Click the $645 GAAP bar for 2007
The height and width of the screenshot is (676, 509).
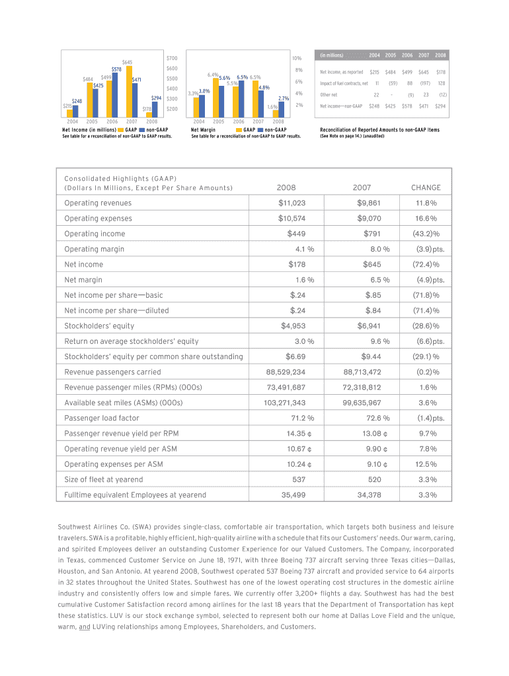[x=130, y=90]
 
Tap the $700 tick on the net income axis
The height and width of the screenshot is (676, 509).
[x=172, y=58]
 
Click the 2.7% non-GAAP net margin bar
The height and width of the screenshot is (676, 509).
[x=281, y=109]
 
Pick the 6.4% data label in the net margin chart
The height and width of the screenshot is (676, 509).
[x=213, y=75]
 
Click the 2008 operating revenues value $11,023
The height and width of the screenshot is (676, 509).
[x=292, y=203]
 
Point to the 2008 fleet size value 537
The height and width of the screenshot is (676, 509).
[x=299, y=480]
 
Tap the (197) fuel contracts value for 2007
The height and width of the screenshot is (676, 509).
[x=425, y=84]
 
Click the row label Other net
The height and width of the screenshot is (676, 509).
[x=329, y=95]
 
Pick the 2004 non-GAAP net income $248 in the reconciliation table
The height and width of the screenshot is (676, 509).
[x=375, y=106]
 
